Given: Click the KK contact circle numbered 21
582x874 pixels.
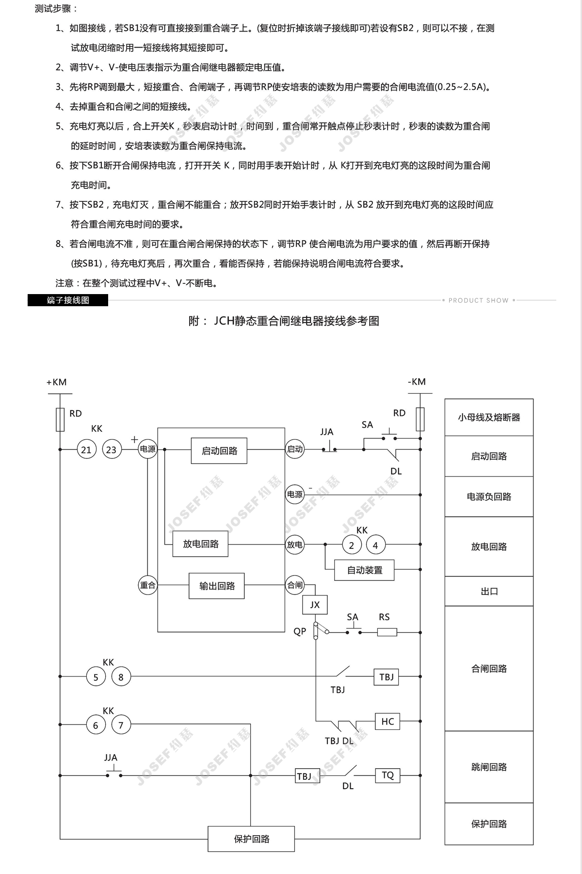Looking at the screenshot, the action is click(x=86, y=449).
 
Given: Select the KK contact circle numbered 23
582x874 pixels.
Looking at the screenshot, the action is click(x=111, y=449).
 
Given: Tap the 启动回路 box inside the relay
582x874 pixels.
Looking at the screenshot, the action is click(x=219, y=451).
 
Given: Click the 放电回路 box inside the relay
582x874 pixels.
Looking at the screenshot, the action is click(x=200, y=544).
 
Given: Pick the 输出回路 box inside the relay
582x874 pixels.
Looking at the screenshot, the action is click(x=216, y=586).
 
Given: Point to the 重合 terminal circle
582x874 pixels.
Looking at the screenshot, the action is click(x=147, y=585).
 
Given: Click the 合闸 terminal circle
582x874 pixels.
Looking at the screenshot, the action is click(x=294, y=585).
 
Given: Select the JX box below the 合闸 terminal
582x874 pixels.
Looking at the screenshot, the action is click(x=315, y=605).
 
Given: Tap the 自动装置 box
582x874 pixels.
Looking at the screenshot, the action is click(x=364, y=570).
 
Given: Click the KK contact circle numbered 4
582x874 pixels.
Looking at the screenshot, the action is click(x=375, y=545).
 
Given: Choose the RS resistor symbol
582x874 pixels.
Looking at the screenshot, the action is click(x=387, y=632).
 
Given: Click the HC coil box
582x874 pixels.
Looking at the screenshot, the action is click(x=388, y=721).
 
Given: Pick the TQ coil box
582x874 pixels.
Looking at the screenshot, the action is click(x=388, y=775).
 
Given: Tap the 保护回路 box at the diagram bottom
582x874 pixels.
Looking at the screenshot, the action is click(x=251, y=839).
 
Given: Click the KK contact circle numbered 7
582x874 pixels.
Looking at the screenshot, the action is click(x=121, y=725).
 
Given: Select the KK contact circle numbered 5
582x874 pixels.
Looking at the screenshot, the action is click(x=96, y=676).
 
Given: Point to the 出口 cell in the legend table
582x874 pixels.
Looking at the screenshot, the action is click(x=489, y=591).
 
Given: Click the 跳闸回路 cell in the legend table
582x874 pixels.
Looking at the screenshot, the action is click(x=489, y=767).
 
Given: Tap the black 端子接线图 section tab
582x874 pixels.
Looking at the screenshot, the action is click(x=68, y=300).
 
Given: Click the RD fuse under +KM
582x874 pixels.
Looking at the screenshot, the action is click(x=60, y=419).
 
